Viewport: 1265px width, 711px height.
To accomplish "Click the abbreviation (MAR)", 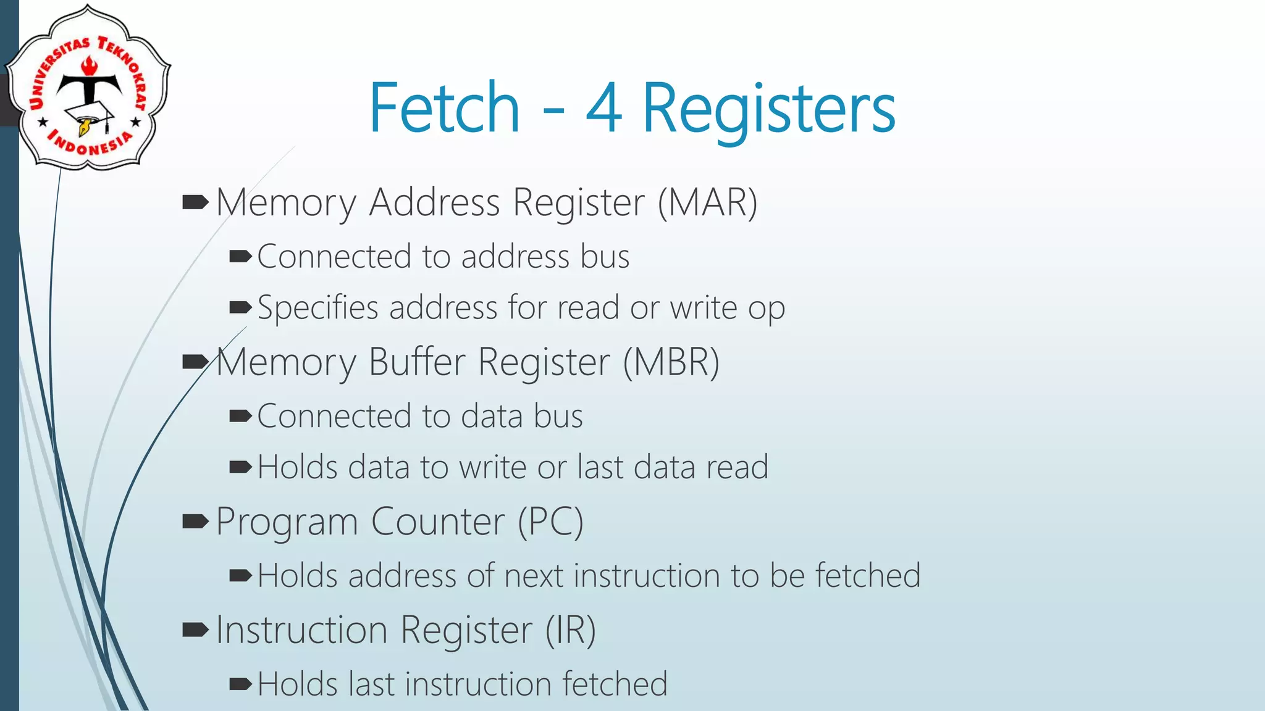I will (707, 202).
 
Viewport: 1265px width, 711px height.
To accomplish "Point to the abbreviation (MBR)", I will (671, 362).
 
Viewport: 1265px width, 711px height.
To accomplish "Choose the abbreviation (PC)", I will (550, 522).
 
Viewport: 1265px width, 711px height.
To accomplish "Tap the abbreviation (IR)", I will (570, 630).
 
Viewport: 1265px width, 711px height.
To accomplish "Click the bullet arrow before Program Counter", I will (196, 522).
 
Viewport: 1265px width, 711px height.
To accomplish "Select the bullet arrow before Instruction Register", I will (196, 630).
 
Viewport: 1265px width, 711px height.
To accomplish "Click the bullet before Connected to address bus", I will (240, 256).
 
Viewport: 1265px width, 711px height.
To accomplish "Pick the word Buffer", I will (417, 362).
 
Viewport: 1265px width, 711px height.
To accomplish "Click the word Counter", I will (438, 522).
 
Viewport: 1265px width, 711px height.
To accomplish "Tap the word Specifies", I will (317, 308).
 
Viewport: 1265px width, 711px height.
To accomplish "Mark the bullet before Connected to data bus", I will (240, 416).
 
